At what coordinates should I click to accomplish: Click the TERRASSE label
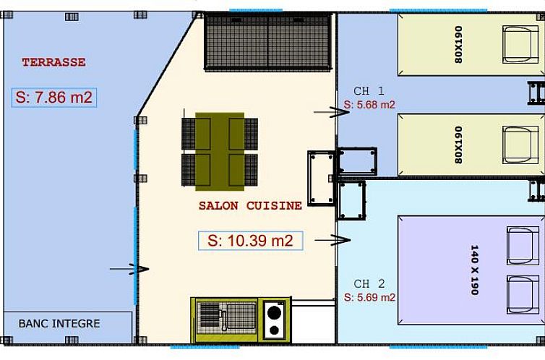pos(53,62)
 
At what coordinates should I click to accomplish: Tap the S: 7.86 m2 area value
pos(54,98)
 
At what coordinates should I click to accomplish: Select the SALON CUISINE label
pos(250,205)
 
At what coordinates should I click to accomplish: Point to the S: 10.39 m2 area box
pos(251,241)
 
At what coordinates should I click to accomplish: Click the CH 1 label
pos(369,91)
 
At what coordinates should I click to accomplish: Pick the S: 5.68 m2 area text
pos(369,105)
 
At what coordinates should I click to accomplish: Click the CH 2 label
pos(369,284)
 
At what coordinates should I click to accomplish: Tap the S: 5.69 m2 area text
pos(369,297)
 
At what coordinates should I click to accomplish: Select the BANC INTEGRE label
pos(59,324)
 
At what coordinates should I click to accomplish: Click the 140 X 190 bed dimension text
pos(474,270)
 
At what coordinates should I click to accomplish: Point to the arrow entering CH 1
pos(332,112)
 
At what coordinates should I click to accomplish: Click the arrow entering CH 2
pos(332,240)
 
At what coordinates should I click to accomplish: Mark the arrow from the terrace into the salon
pos(129,269)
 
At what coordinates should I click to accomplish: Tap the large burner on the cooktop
pos(274,312)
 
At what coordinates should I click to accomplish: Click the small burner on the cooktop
pos(274,330)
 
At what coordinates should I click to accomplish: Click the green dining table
pos(220,152)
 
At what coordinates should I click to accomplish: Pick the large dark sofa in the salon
pos(267,43)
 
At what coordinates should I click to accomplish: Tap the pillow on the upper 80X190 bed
pos(520,45)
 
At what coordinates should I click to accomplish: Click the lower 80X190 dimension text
pos(458,145)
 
